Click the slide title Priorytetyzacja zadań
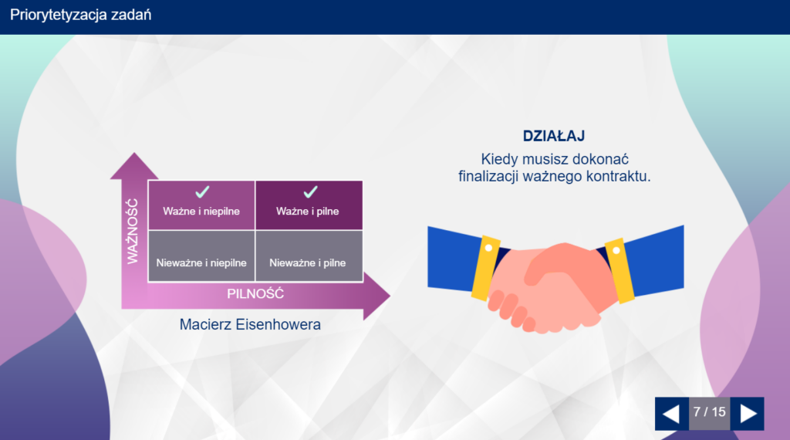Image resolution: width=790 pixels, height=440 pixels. [80, 15]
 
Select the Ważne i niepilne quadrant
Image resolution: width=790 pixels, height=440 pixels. [201, 205]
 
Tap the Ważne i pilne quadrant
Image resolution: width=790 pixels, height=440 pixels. [309, 205]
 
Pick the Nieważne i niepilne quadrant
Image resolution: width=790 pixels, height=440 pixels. [201, 256]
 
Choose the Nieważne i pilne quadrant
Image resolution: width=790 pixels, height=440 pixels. [309, 256]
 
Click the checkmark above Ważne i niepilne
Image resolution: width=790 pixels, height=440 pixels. [203, 192]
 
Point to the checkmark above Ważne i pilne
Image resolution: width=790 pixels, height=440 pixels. [310, 192]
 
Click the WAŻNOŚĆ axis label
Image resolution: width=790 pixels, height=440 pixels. [133, 231]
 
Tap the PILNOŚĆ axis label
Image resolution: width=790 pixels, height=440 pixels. [255, 294]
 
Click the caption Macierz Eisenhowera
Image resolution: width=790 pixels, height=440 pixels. [250, 324]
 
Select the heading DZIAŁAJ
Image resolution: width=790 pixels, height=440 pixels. [554, 136]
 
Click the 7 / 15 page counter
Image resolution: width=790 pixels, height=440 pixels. [710, 412]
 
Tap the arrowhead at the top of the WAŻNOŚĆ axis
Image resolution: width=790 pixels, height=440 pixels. [134, 165]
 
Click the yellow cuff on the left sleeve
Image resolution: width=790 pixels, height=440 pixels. [486, 268]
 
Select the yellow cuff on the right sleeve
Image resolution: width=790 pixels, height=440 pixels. [620, 271]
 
